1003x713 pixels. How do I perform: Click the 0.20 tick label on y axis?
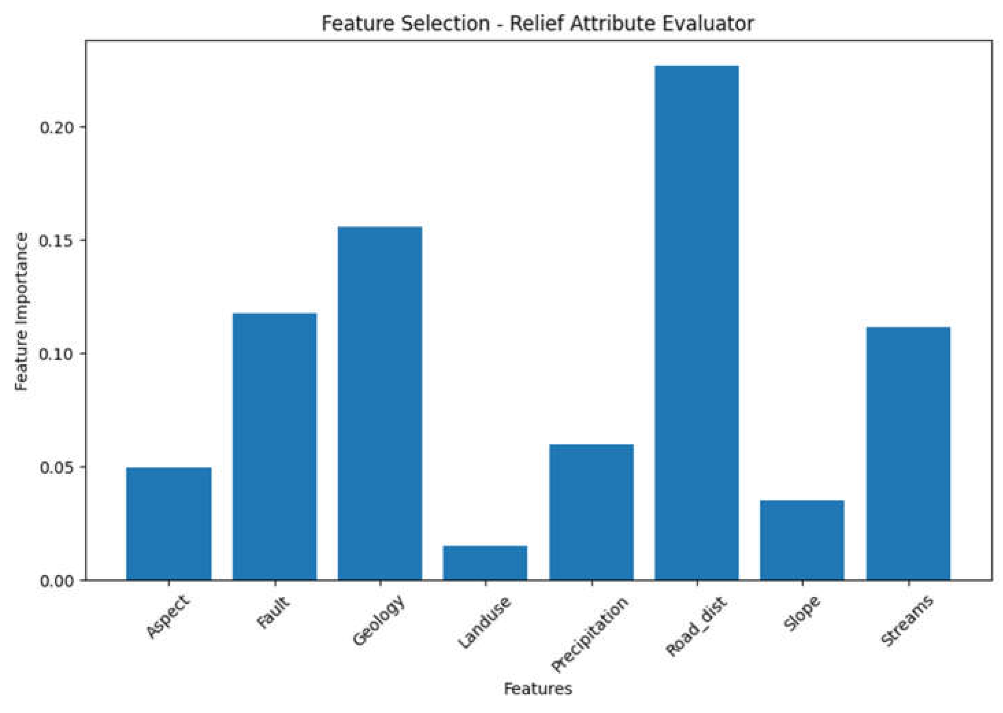[x=57, y=127]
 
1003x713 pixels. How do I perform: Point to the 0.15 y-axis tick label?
[x=57, y=241]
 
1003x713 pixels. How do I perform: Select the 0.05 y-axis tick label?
[x=57, y=467]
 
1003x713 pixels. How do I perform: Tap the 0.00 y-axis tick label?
[x=57, y=580]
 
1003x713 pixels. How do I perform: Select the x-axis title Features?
[x=538, y=688]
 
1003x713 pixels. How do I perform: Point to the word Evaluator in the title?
[x=708, y=23]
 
